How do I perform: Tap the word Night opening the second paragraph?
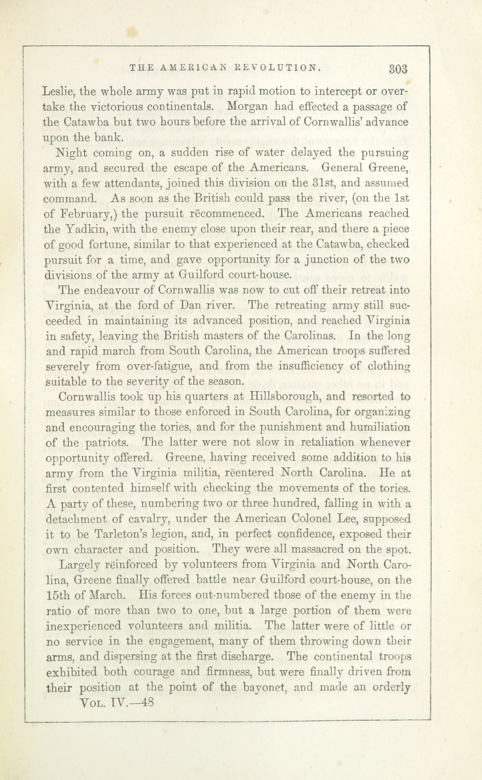(x=70, y=153)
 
